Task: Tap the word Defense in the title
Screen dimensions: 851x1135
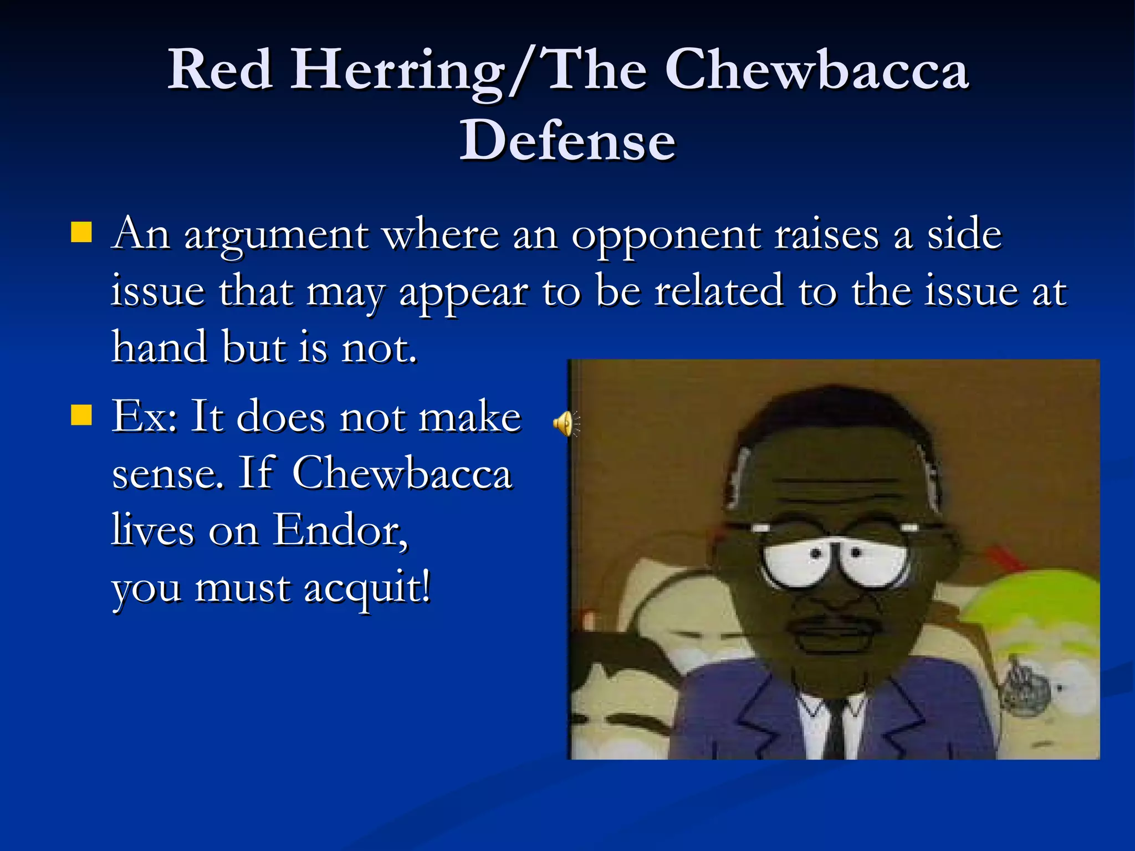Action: point(567,141)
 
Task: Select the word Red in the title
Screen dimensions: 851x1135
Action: point(221,70)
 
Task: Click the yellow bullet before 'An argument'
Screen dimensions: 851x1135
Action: point(81,233)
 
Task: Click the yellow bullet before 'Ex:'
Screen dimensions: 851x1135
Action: point(81,414)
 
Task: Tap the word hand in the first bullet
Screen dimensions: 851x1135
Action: point(160,347)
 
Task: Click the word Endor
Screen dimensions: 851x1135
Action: point(340,530)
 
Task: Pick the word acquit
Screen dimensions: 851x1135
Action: point(366,588)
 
